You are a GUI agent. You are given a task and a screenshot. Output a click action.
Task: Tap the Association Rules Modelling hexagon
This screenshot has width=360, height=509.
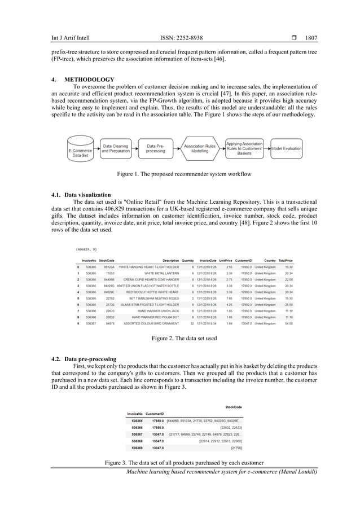click(x=200, y=148)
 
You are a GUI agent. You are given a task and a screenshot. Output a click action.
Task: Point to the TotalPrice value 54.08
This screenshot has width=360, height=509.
click(x=288, y=324)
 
